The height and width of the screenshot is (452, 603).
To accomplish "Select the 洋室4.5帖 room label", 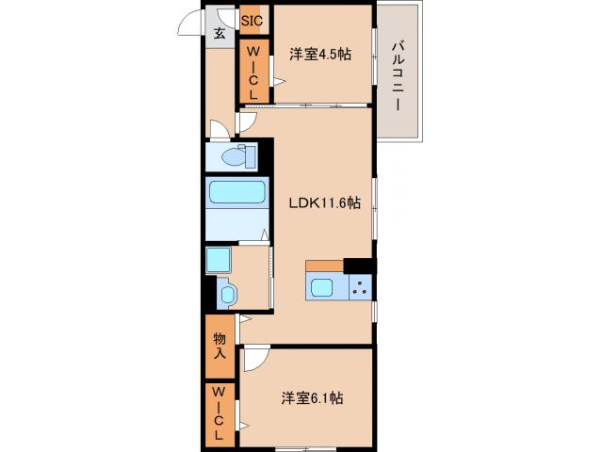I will [x=321, y=55].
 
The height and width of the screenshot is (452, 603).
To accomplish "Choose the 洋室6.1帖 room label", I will [x=311, y=398].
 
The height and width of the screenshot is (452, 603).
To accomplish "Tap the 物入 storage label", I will [x=220, y=345].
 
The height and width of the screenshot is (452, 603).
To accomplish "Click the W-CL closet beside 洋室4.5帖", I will [x=253, y=73].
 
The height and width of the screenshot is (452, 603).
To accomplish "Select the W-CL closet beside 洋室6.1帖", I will [x=219, y=413].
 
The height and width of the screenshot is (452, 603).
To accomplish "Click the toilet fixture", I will [x=236, y=155].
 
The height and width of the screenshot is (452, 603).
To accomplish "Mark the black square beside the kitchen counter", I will [x=359, y=265].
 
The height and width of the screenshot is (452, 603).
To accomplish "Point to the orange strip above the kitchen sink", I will [x=324, y=265].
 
